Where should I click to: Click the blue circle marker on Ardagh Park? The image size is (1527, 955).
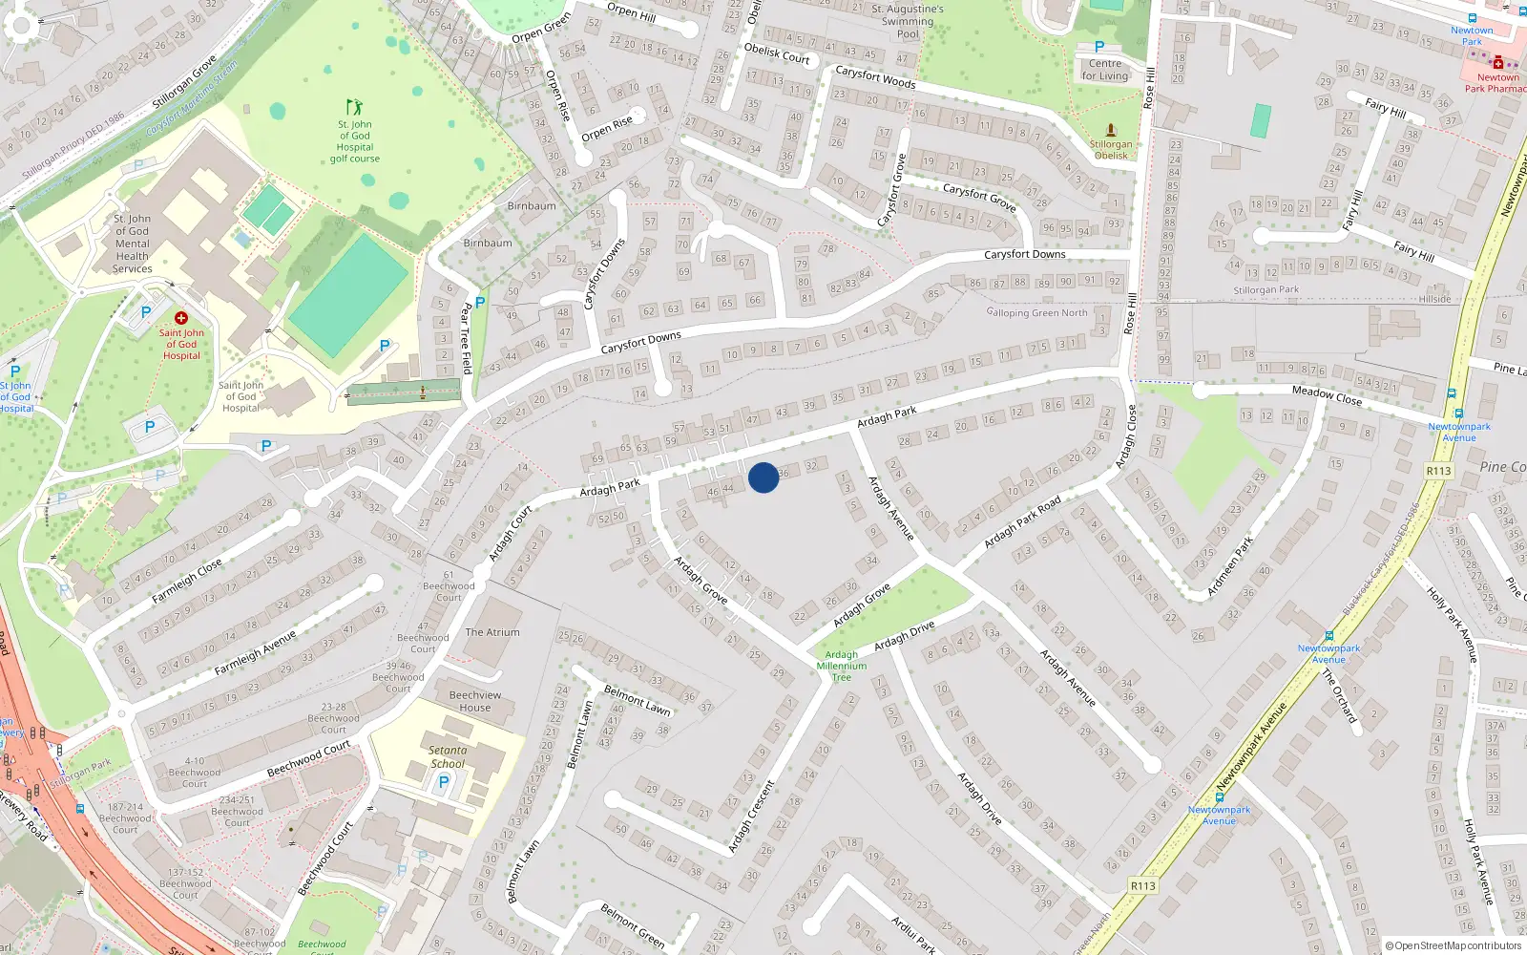point(763,477)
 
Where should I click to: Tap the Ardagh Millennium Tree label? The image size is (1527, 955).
point(842,667)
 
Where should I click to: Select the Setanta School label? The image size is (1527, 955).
point(448,757)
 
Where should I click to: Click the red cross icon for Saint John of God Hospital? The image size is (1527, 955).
point(181,318)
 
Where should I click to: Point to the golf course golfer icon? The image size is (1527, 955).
point(355,107)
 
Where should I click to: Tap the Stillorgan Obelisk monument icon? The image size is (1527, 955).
point(1111,129)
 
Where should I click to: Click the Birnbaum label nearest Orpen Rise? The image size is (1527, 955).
point(532,206)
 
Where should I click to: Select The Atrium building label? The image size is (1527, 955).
point(492,632)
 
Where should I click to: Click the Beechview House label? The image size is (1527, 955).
point(475,701)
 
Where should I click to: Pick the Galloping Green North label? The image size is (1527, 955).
point(1036,312)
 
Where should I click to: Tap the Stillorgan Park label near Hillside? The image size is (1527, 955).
point(1266,290)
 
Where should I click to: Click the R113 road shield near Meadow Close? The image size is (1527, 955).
point(1438,471)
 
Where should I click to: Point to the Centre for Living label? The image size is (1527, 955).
point(1105,70)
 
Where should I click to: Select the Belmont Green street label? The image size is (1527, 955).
point(633,925)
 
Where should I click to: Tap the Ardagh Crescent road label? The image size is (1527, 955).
point(752,817)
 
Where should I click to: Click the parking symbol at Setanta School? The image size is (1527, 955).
point(443,782)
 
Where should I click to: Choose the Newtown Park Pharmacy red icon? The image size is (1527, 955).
point(1498,63)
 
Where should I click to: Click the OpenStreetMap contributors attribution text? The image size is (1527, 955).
point(1454,945)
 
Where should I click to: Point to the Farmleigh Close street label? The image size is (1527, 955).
point(187,581)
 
